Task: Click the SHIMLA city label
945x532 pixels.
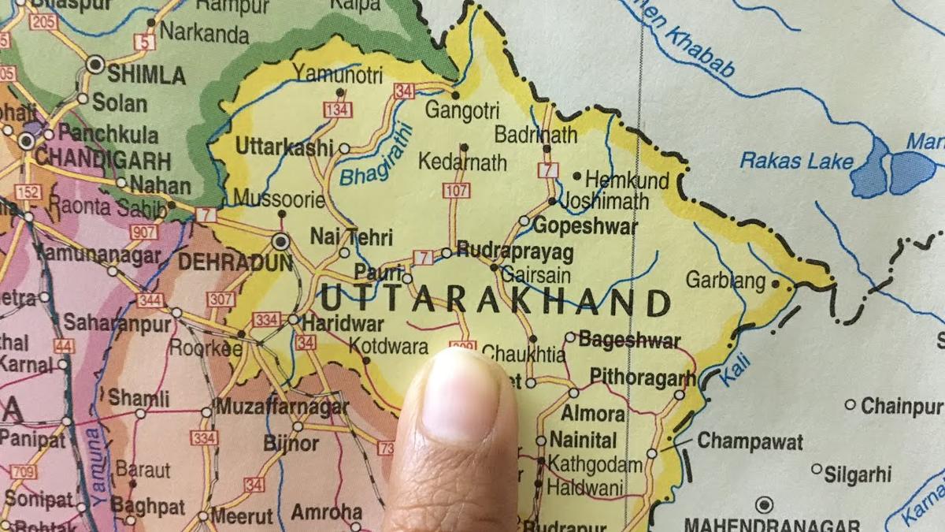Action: pyautogui.click(x=146, y=76)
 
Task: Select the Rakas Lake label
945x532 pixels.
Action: pyautogui.click(x=796, y=162)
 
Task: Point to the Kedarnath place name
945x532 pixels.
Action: pyautogui.click(x=462, y=163)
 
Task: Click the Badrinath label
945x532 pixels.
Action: pyautogui.click(x=535, y=135)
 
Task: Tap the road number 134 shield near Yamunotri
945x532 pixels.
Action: pyautogui.click(x=337, y=110)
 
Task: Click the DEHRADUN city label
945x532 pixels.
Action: pyautogui.click(x=235, y=262)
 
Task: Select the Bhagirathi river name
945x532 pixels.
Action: pyautogui.click(x=376, y=155)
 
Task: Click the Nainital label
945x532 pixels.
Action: pyautogui.click(x=583, y=440)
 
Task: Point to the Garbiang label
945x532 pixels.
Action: pyautogui.click(x=725, y=280)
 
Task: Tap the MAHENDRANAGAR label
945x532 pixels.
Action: pyautogui.click(x=771, y=524)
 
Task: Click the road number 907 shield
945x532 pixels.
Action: pyautogui.click(x=145, y=232)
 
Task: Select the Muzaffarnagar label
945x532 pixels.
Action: pyautogui.click(x=281, y=407)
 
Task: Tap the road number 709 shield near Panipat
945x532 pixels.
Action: pyautogui.click(x=24, y=472)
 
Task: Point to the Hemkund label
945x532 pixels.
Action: pyautogui.click(x=627, y=180)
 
